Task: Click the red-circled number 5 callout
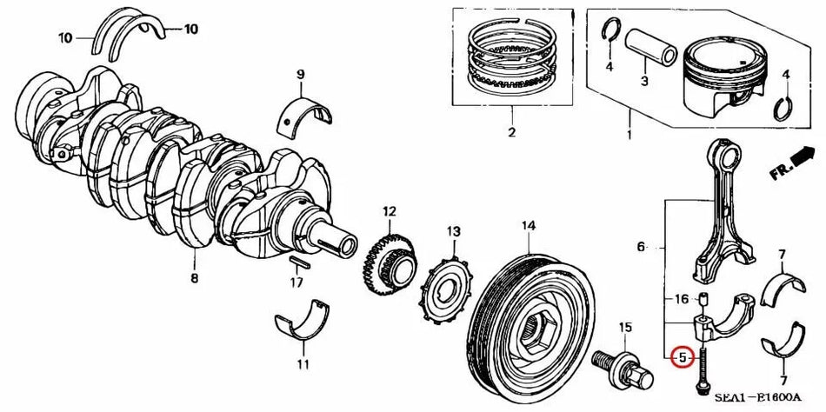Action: tap(683, 356)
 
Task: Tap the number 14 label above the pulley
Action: tap(528, 227)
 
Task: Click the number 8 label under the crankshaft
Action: tap(194, 278)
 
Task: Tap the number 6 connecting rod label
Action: tap(641, 248)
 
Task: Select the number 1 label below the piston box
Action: tap(629, 136)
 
